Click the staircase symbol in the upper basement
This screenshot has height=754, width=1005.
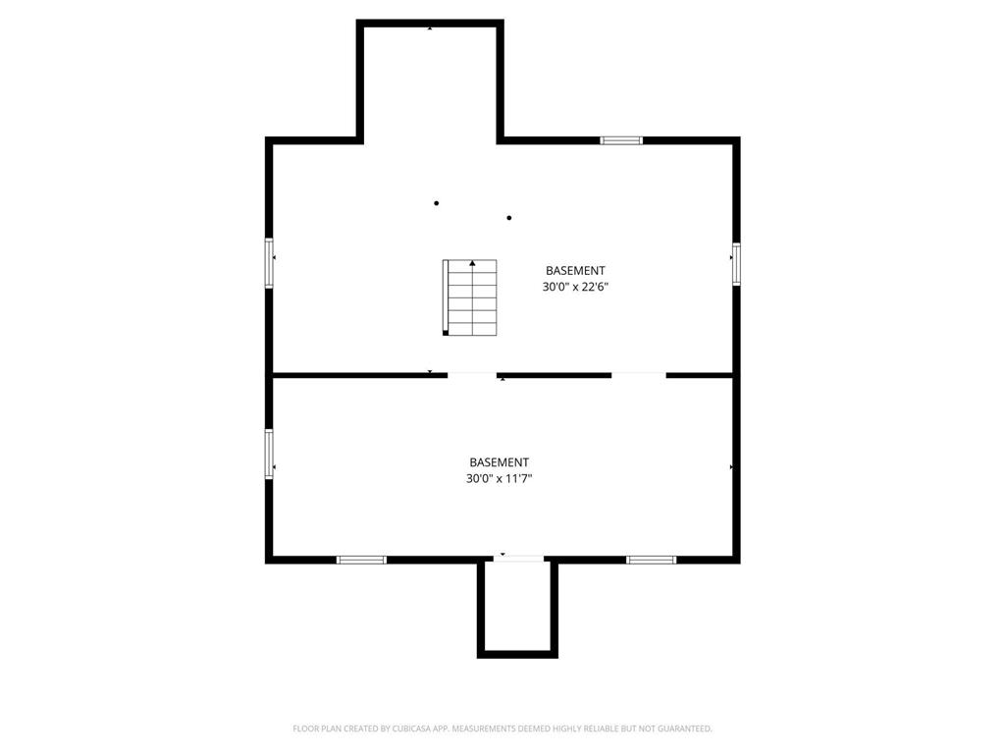point(470,297)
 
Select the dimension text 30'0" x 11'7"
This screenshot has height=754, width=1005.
point(499,479)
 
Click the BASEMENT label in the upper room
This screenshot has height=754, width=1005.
point(575,270)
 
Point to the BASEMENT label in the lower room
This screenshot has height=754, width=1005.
point(499,462)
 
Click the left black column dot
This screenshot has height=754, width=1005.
point(436,203)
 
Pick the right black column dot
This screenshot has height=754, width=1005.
point(509,218)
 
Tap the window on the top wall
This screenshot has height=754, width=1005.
point(621,140)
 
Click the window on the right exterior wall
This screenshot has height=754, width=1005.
point(735,264)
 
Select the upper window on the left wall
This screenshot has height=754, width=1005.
point(268,263)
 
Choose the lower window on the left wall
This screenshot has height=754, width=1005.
point(268,454)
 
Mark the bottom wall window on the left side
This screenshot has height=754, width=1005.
point(361,560)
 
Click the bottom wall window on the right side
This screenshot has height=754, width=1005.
point(652,560)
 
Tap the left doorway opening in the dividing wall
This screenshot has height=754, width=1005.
point(472,374)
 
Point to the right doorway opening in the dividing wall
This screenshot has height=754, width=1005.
point(638,374)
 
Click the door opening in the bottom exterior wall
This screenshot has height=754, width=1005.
point(517,560)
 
